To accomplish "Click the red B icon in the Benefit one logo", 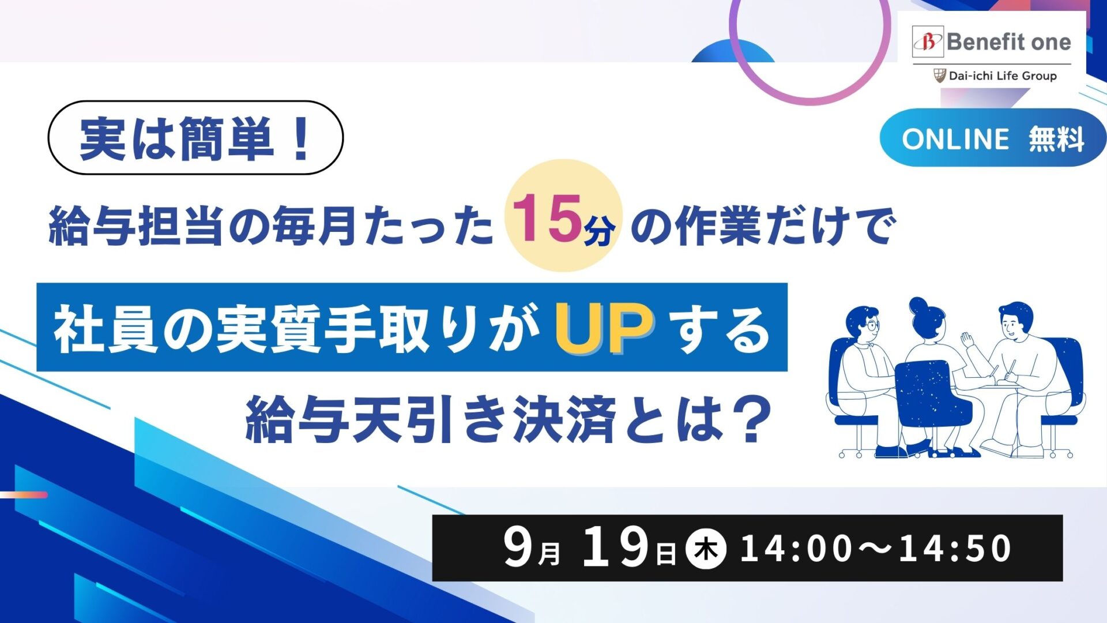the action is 928,42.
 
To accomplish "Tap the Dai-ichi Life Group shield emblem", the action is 940,76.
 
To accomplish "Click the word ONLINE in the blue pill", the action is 955,139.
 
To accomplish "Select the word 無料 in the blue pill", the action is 1057,139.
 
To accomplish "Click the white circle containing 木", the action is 705,549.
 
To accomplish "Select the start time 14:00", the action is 796,549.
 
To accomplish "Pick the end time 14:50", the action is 955,549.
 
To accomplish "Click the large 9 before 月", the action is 517,547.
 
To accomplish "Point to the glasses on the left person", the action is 872,325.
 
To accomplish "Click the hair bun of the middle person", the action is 918,305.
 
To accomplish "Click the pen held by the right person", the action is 1011,370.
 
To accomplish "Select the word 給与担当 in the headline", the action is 135,226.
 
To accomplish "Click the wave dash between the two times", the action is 875,549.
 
